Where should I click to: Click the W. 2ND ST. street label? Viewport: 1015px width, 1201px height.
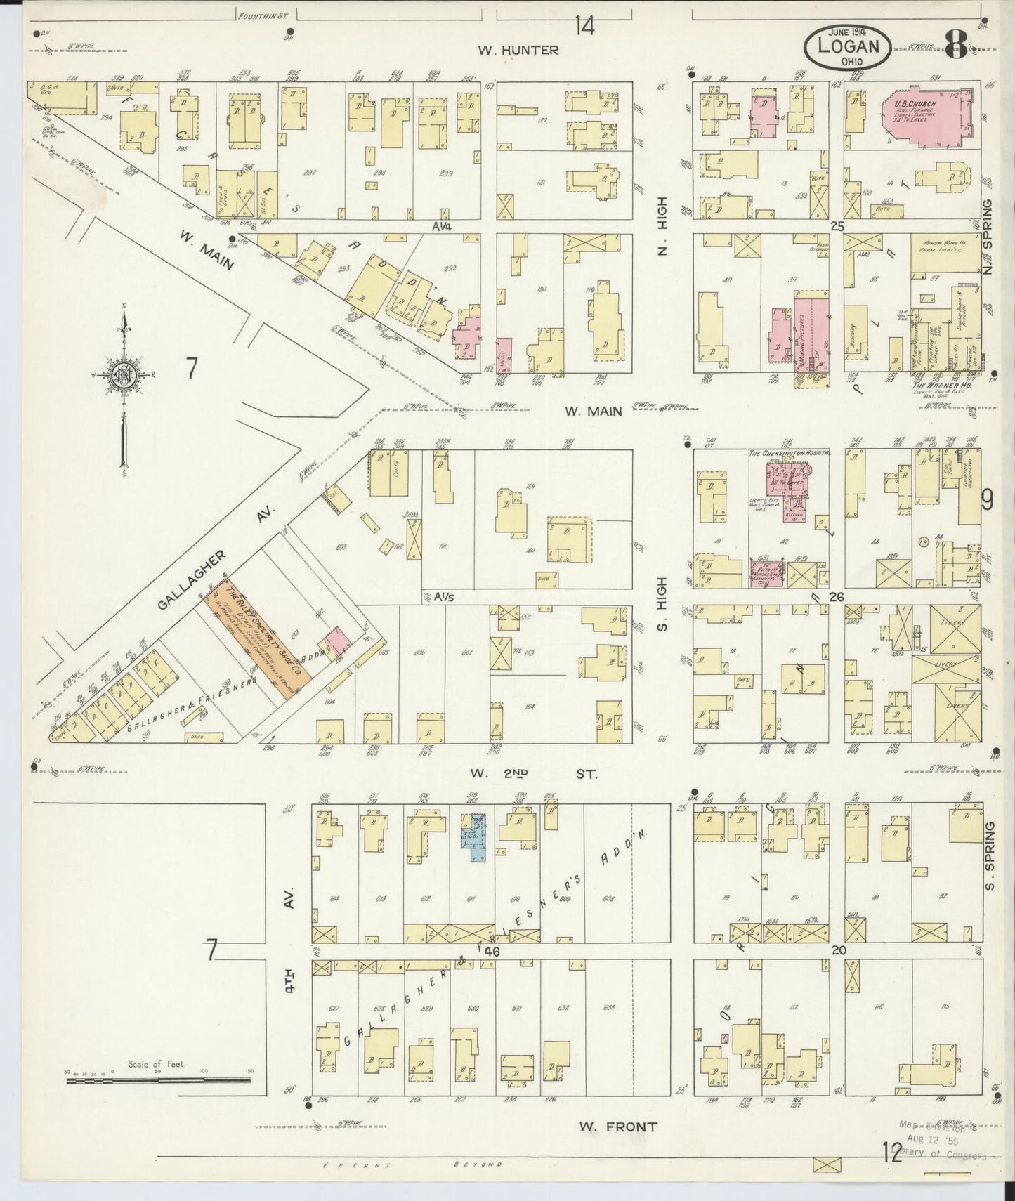click(533, 774)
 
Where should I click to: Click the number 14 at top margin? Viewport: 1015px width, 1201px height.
click(584, 27)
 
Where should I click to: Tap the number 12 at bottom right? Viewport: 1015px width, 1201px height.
click(892, 1153)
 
